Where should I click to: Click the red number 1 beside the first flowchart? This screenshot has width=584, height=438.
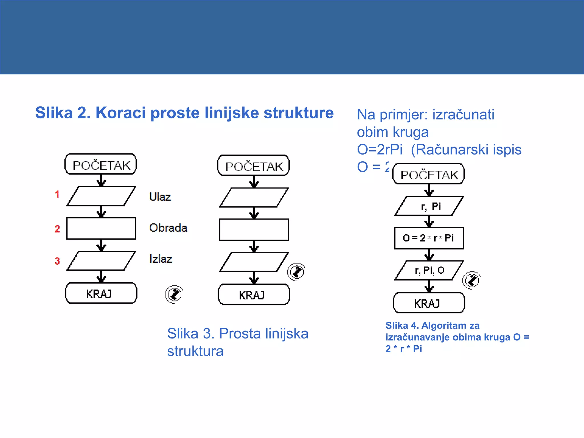pyautogui.click(x=57, y=194)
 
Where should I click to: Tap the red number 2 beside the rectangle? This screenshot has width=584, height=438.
pyautogui.click(x=57, y=229)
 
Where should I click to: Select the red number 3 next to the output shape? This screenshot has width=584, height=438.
pyautogui.click(x=57, y=261)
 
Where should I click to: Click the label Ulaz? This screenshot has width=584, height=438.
pyautogui.click(x=160, y=197)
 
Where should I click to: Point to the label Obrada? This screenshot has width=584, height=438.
pyautogui.click(x=168, y=228)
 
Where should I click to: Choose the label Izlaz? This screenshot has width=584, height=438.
pyautogui.click(x=161, y=259)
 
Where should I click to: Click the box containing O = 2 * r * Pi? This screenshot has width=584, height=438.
pyautogui.click(x=429, y=238)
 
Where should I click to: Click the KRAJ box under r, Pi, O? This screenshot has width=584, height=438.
pyautogui.click(x=429, y=303)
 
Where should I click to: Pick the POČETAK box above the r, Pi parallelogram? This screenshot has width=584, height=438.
pyautogui.click(x=429, y=174)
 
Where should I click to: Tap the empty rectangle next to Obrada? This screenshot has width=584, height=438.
pyautogui.click(x=101, y=228)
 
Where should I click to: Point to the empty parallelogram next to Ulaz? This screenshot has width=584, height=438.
pyautogui.click(x=101, y=196)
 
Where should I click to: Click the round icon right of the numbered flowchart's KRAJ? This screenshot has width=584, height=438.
pyautogui.click(x=174, y=294)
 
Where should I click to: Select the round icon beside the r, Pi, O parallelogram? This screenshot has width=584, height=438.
pyautogui.click(x=471, y=280)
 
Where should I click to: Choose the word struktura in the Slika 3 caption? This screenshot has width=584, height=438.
pyautogui.click(x=195, y=351)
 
